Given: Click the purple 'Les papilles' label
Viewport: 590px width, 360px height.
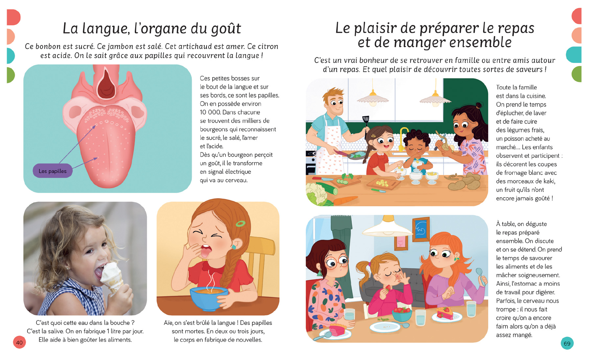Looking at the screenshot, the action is [x=53, y=171].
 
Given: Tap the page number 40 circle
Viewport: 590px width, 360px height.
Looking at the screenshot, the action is [x=19, y=343].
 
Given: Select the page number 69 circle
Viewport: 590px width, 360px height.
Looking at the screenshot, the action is [x=567, y=343].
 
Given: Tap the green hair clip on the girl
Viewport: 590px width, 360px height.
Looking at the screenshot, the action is [x=240, y=224].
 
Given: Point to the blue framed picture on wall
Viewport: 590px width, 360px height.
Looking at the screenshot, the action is [x=421, y=229].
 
